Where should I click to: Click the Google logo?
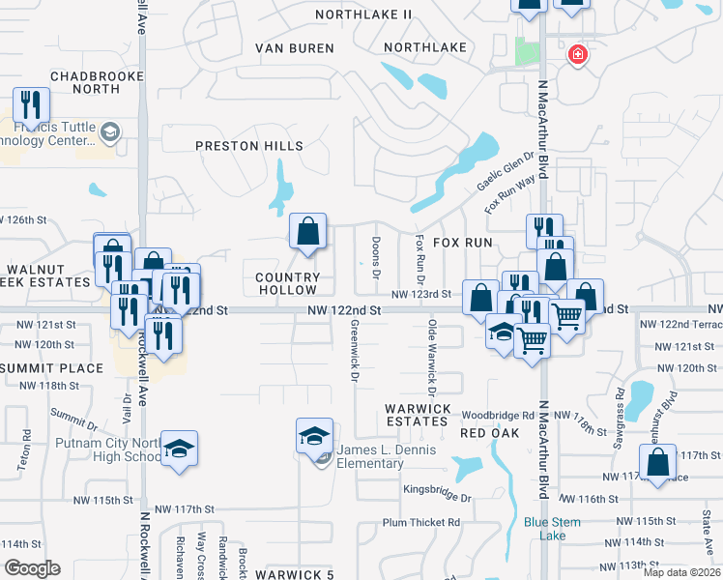(32, 568)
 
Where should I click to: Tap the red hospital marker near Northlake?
(578, 55)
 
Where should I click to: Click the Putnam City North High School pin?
(179, 449)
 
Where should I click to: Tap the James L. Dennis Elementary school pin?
(314, 437)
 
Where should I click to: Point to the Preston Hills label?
(249, 146)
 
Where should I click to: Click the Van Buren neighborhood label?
(295, 47)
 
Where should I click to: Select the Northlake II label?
(364, 14)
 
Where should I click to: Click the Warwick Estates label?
(418, 416)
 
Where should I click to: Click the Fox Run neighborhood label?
(462, 243)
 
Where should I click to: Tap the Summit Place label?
(51, 368)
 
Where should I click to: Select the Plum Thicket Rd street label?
(420, 522)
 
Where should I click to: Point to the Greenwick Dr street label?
(355, 349)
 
